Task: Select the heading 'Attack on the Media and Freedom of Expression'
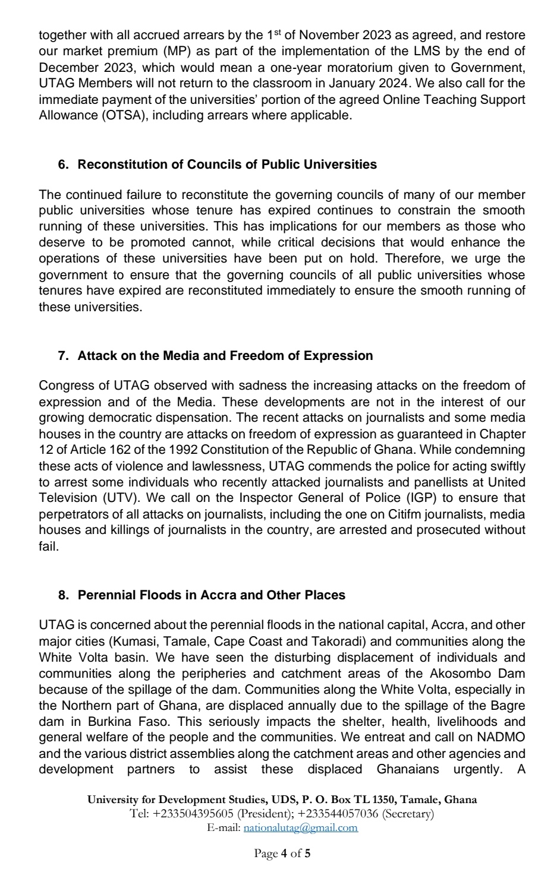pyautogui.click(x=225, y=356)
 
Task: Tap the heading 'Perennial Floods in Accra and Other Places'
pyautogui.click(x=211, y=595)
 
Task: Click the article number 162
pyautogui.click(x=107, y=450)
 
